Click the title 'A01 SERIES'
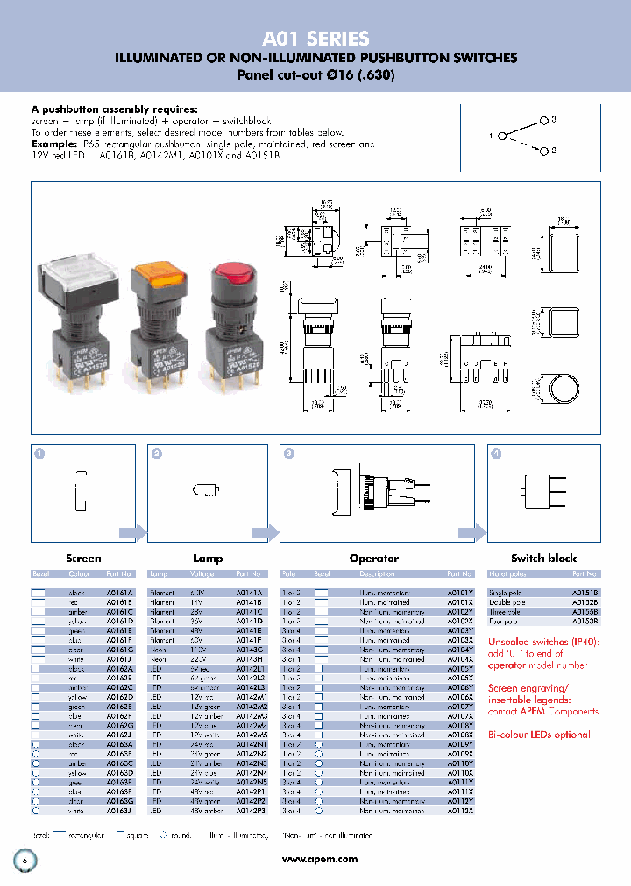[315, 39]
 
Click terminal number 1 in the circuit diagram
[502, 136]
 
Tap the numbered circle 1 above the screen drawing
[39, 454]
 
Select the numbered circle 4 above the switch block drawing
[497, 454]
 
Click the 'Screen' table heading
[83, 558]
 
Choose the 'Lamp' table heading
[208, 558]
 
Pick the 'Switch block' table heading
[543, 558]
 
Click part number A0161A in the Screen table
[119, 593]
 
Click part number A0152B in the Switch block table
[585, 602]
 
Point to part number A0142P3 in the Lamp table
[251, 811]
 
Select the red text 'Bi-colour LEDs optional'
[539, 735]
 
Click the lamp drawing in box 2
[208, 489]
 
